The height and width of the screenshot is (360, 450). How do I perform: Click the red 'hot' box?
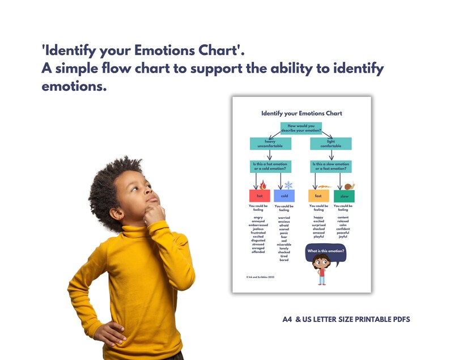pos(260,196)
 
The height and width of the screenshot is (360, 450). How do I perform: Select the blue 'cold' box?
pos(284,196)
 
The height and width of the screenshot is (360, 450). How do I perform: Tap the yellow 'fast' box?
pos(319,196)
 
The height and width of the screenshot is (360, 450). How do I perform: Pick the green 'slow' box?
pos(344,196)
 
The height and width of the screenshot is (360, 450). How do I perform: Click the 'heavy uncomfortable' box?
pos(270,144)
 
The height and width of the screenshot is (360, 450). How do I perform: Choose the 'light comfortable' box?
pos(331,144)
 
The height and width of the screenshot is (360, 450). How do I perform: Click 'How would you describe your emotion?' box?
pos(301,128)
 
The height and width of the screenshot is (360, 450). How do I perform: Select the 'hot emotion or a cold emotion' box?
pos(270,167)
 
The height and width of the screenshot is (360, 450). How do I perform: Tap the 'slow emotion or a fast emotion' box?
pos(331,167)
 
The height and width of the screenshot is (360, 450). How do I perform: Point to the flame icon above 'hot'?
pos(263,184)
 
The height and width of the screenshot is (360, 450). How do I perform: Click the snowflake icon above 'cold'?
pos(288,185)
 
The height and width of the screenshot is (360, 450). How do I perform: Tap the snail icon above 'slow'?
pos(349,185)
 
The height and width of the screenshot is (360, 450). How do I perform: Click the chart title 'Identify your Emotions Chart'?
pos(302,113)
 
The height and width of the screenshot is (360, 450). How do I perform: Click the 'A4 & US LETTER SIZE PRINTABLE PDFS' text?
pos(346,320)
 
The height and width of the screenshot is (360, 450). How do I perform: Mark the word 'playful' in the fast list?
pos(319,236)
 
